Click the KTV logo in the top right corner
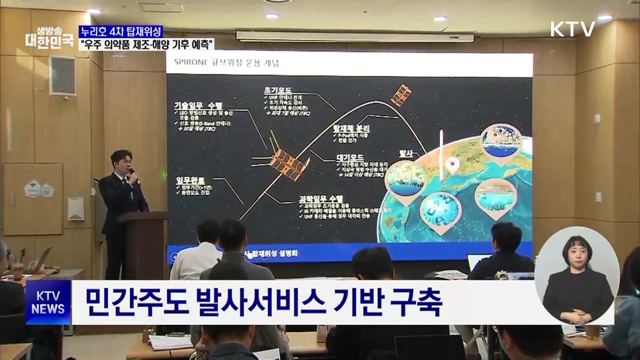click(572, 29)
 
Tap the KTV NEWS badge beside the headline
click(48, 302)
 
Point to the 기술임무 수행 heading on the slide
click(198, 105)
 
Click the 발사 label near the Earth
click(406, 153)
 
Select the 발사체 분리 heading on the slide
click(352, 129)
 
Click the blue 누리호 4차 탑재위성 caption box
click(120, 32)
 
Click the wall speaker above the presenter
click(62, 75)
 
